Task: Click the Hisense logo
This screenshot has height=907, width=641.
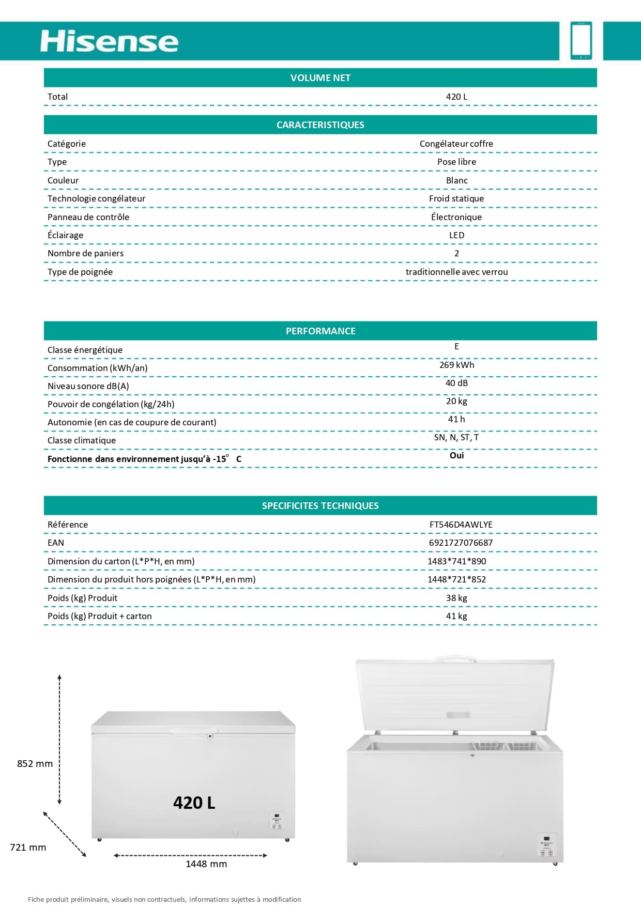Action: point(109,41)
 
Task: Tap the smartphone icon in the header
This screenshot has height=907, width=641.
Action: point(581,40)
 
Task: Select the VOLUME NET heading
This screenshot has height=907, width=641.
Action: point(320,78)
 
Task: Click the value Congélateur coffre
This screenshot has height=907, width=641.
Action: point(456,144)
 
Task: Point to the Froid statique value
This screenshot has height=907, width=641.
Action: point(456,198)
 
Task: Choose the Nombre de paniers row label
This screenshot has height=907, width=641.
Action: point(85,253)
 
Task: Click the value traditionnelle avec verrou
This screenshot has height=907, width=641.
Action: point(456,272)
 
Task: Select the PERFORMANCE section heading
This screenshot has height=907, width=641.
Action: point(320,331)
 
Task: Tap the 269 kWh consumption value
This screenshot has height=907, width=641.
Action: point(456,365)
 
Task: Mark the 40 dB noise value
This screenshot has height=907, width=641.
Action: point(456,383)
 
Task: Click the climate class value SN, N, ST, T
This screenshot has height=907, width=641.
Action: point(456,437)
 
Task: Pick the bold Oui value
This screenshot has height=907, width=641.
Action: point(456,455)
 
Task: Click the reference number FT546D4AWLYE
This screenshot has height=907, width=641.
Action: point(461,525)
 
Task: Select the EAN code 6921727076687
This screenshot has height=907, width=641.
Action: point(461,543)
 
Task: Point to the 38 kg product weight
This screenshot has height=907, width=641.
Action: point(456,598)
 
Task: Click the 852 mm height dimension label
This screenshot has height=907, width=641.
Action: point(35,763)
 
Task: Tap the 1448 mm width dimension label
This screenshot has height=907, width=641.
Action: point(206,864)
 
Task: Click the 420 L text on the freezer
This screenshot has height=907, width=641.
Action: point(194,803)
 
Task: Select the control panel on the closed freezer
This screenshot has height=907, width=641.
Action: point(277,821)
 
